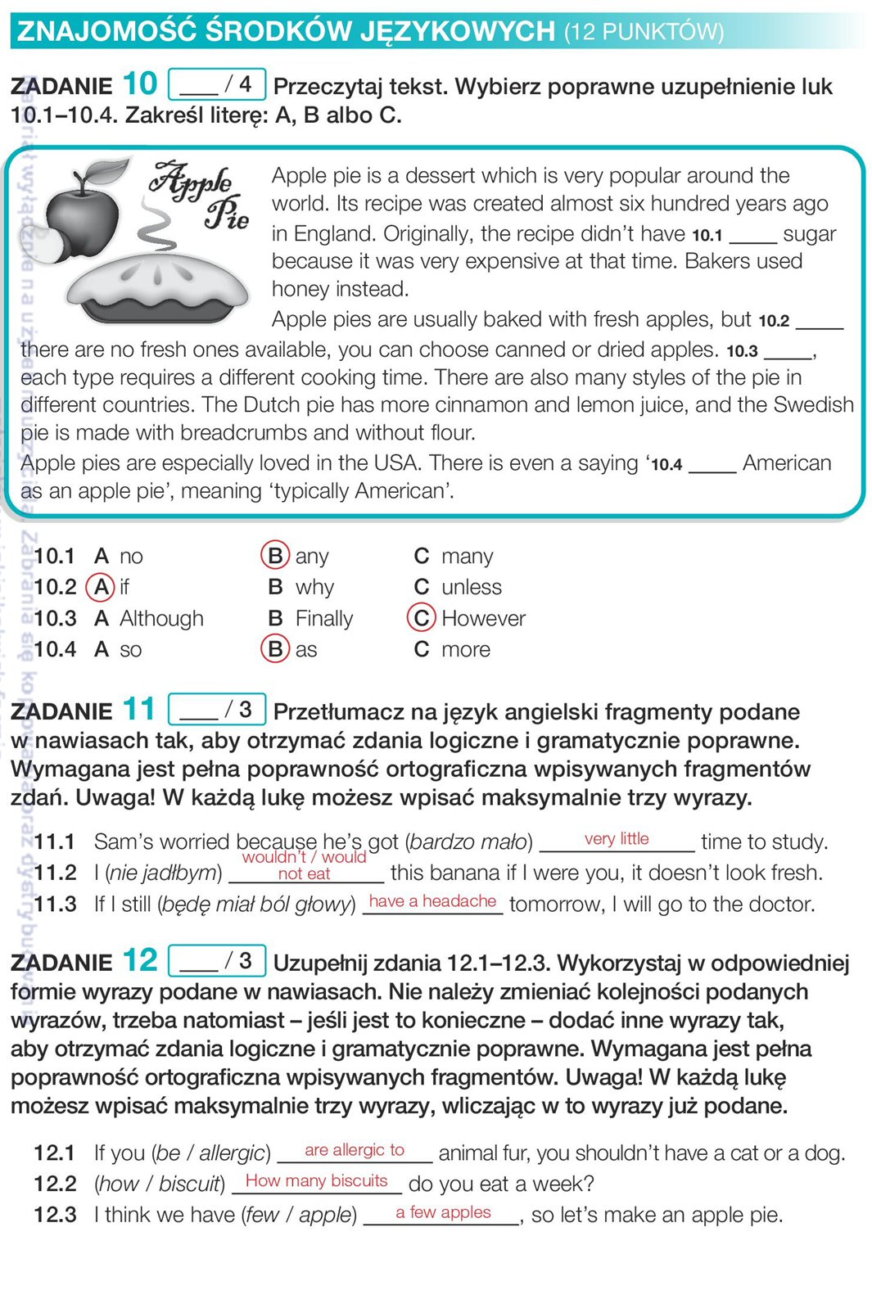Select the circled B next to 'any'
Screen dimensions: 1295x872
tap(275, 556)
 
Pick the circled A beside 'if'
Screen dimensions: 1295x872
tap(102, 587)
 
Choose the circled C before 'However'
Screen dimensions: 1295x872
tap(421, 618)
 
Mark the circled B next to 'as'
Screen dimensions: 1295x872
tap(275, 649)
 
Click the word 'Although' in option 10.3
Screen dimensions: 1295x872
tap(161, 618)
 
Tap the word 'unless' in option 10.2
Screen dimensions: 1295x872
tap(472, 587)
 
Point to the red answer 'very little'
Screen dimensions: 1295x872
tap(617, 838)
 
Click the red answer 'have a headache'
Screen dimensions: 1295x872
tap(432, 900)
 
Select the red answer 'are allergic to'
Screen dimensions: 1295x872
tap(355, 1150)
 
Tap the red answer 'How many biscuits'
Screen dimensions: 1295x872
tap(316, 1180)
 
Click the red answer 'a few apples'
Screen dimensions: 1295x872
tap(443, 1212)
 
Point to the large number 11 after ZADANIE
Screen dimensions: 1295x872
tap(139, 709)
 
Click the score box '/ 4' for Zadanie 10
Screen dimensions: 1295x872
tap(217, 84)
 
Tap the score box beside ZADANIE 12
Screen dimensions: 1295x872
tap(217, 960)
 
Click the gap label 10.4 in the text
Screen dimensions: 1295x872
tap(666, 464)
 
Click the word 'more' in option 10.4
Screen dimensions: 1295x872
tap(466, 649)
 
